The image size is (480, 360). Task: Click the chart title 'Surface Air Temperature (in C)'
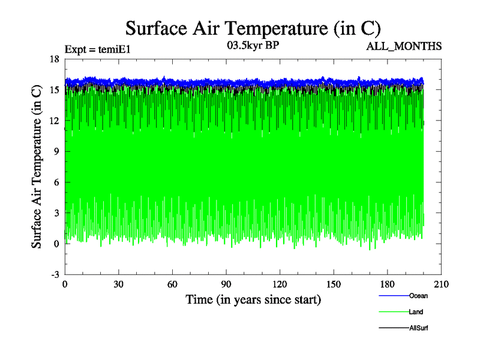click(253, 28)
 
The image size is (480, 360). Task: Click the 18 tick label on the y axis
click(54, 59)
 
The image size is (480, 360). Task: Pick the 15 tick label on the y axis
click(54, 89)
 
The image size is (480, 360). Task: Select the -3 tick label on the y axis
click(55, 274)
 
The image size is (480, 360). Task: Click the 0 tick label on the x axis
click(65, 284)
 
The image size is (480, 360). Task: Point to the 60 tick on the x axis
click(172, 284)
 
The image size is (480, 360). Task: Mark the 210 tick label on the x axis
click(441, 284)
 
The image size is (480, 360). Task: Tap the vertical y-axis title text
click(37, 167)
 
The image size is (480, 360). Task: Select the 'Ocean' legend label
click(418, 296)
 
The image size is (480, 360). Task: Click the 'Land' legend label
click(416, 312)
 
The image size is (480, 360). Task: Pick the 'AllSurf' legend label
click(418, 328)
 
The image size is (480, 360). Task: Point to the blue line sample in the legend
click(394, 296)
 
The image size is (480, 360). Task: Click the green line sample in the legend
click(394, 312)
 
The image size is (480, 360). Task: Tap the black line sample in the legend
click(394, 328)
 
